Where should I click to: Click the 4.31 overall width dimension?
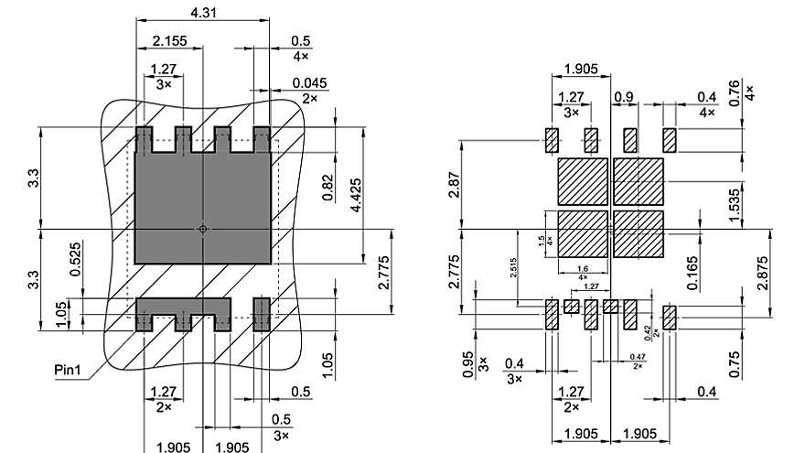203,13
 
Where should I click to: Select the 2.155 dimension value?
170,41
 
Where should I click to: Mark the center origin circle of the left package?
203,229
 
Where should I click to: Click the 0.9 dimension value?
624,96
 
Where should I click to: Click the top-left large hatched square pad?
582,180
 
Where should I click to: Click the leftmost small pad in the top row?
553,140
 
